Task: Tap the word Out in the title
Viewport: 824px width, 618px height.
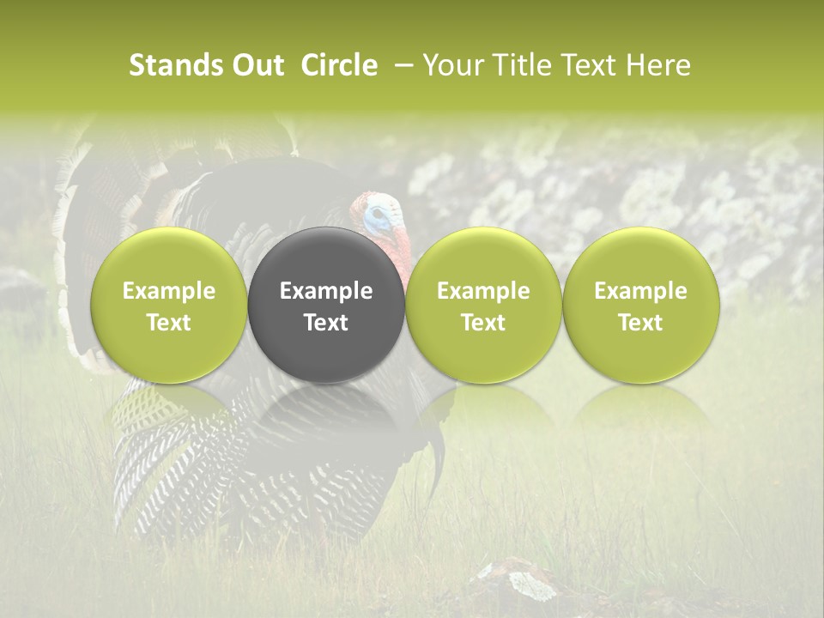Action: pos(256,65)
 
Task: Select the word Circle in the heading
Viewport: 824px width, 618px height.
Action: pos(339,65)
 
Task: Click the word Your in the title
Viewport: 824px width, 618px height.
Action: pos(451,65)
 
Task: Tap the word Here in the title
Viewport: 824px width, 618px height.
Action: pos(660,65)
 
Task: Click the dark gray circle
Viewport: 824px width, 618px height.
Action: pos(326,257)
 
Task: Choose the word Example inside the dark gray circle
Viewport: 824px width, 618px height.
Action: pos(326,291)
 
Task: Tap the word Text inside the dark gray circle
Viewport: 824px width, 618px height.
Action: pos(326,323)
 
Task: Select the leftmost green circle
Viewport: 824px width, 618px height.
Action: pos(169,257)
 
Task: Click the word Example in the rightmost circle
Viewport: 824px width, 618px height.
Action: pos(640,291)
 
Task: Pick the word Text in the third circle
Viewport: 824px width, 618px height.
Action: pos(483,323)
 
